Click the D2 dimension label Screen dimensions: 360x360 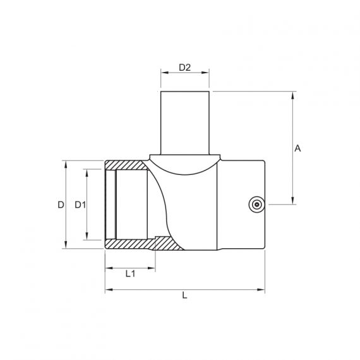pyautogui.click(x=185, y=68)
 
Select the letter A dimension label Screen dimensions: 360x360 pyautogui.click(x=297, y=148)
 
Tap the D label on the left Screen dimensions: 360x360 pyautogui.click(x=61, y=205)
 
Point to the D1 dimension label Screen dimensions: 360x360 pyautogui.click(x=80, y=205)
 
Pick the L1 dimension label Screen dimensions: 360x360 pyautogui.click(x=130, y=273)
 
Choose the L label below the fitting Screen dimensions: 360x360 pyautogui.click(x=184, y=295)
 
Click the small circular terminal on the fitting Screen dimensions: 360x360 pyautogui.click(x=257, y=205)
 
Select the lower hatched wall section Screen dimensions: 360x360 pyautogui.click(x=143, y=244)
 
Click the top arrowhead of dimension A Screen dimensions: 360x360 pyautogui.click(x=292, y=95)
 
